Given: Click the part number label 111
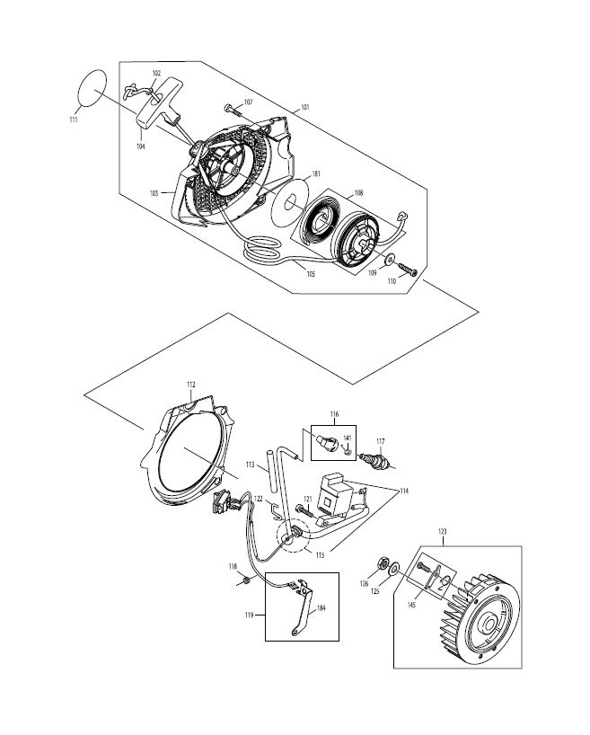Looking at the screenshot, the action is pos(74,120).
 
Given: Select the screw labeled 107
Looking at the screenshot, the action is pos(233,111).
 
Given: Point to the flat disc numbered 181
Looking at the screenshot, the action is pos(290,202).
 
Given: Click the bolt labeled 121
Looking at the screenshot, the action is pos(304,509).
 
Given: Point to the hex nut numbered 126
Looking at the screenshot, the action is pos(383,563).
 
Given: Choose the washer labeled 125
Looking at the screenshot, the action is pos(394,569).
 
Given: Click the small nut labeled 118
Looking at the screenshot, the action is pos(245,581).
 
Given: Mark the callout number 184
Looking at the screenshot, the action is pos(321,608).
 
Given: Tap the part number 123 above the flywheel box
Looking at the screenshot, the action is pos(443,532).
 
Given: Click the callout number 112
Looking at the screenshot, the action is pos(190,385).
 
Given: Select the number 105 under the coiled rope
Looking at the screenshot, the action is pos(311,274).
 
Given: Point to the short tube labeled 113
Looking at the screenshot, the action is pos(270,468).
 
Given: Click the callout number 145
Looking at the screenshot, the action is pos(411,605).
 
